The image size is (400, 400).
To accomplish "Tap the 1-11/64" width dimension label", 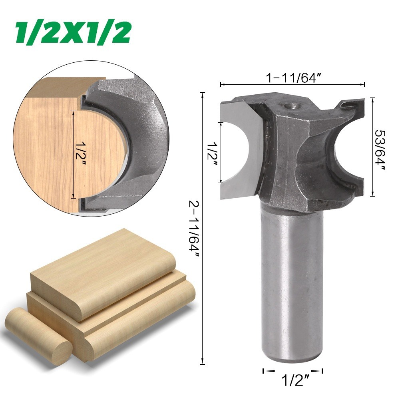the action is [x=293, y=78].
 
